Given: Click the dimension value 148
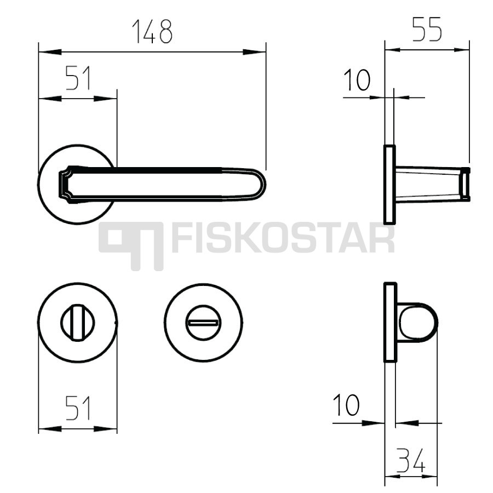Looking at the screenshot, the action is [152, 31].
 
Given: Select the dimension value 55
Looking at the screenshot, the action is [427, 29].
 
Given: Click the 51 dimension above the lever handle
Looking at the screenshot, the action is [78, 78].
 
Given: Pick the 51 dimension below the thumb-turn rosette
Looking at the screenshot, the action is [78, 408].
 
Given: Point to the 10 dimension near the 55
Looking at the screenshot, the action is [357, 80].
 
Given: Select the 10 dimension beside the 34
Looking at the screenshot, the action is [346, 405].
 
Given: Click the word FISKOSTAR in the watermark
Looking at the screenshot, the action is [283, 238].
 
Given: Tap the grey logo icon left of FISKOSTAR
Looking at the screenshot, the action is [131, 246].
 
